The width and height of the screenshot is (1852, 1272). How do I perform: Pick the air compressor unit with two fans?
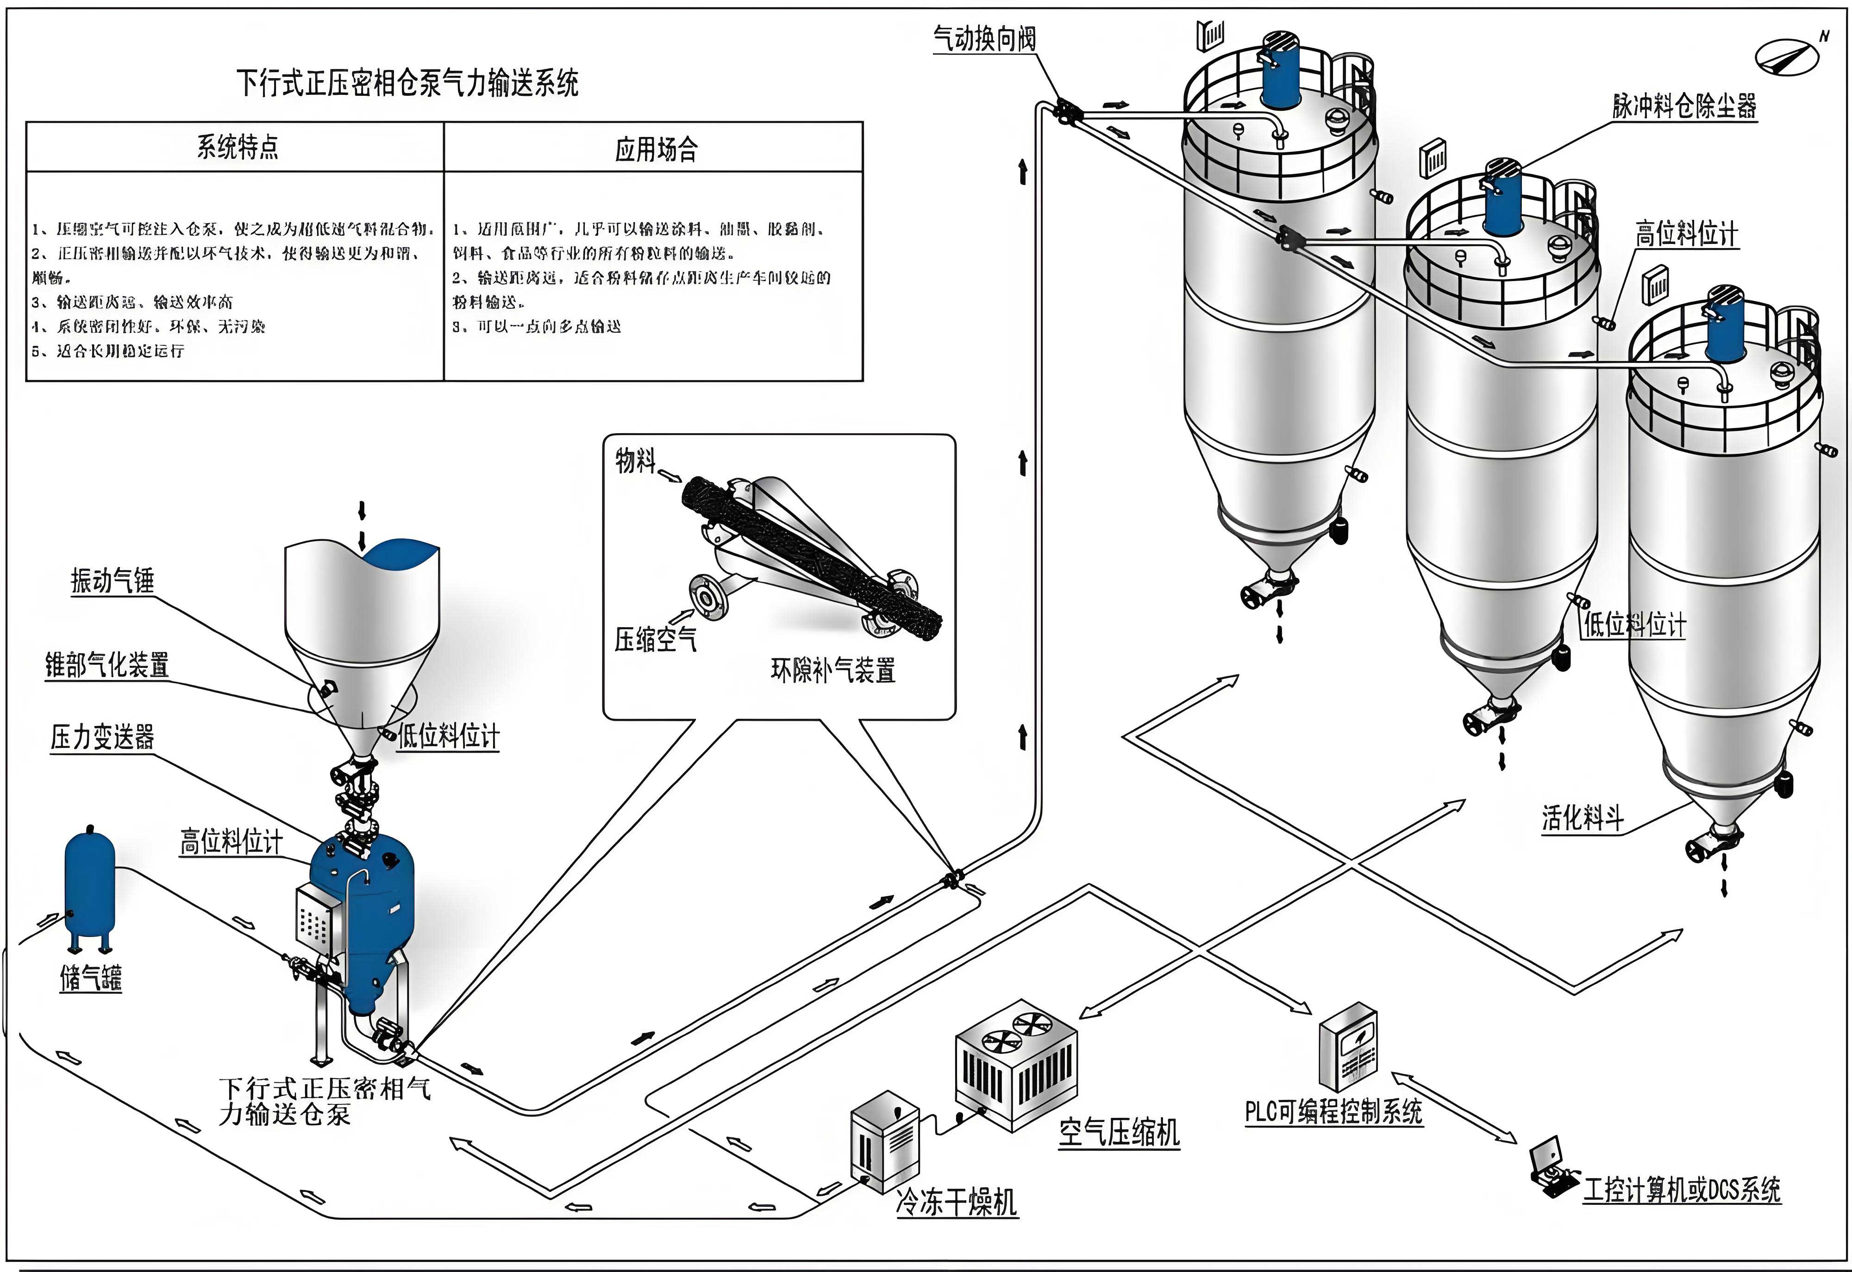(1016, 1064)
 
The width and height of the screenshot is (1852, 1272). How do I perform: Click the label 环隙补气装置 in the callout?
(832, 669)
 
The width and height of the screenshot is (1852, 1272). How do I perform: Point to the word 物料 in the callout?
(635, 460)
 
